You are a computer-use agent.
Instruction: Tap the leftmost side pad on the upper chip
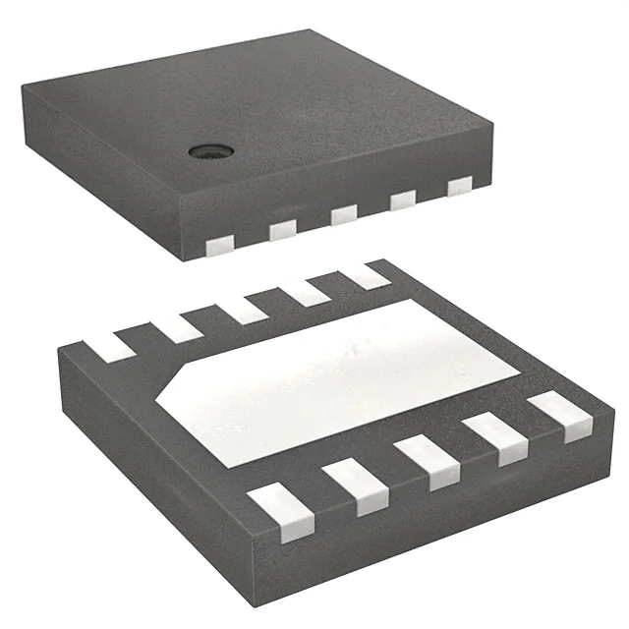coord(221,241)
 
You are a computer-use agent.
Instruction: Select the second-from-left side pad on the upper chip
coord(282,228)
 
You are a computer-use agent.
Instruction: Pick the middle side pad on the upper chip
coord(343,214)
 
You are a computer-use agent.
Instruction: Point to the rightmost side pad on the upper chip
coord(460,188)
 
